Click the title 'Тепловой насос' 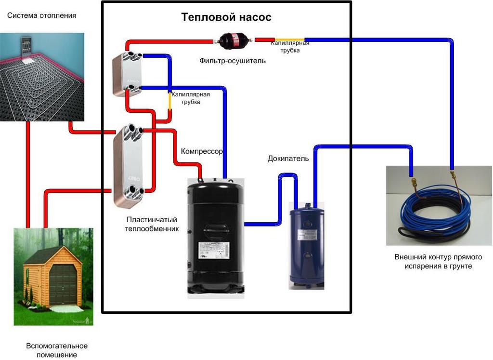click(x=226, y=17)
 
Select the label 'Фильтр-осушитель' click(x=233, y=61)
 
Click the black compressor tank click(x=215, y=236)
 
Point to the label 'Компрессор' click(x=202, y=151)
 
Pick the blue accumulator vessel click(x=306, y=246)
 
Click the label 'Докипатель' click(x=288, y=159)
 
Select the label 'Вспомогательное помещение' click(x=57, y=350)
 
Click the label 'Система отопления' click(x=41, y=15)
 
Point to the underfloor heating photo click(x=42, y=77)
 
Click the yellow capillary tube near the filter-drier click(x=289, y=40)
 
